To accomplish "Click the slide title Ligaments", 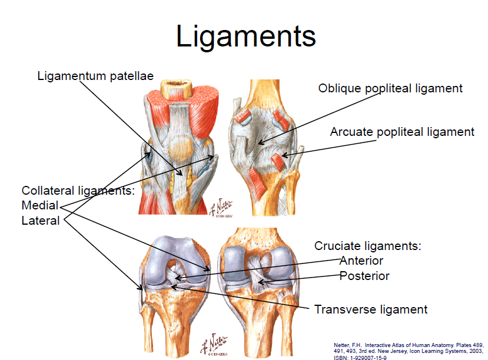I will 246,36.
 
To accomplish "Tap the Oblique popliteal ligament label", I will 390,88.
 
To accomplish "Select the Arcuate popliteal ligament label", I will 402,132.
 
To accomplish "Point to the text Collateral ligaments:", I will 78,191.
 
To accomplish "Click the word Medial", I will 40,206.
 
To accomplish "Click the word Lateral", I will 41,221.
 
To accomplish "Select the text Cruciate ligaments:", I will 369,246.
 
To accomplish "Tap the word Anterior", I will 361,261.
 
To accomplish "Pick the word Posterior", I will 364,275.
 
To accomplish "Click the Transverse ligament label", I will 371,309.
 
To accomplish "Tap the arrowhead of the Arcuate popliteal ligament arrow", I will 283,156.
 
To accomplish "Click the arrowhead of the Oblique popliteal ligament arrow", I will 258,144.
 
